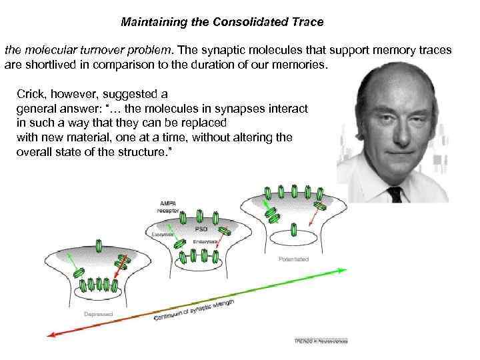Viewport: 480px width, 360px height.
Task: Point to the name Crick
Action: tap(33, 95)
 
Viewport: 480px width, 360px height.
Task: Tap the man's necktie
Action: tap(395, 193)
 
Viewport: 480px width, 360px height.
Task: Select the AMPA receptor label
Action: tap(167, 206)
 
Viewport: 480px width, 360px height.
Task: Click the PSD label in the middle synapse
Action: tap(202, 229)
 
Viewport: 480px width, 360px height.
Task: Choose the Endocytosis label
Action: tap(203, 241)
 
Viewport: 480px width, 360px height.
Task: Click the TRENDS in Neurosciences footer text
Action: tap(321, 341)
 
